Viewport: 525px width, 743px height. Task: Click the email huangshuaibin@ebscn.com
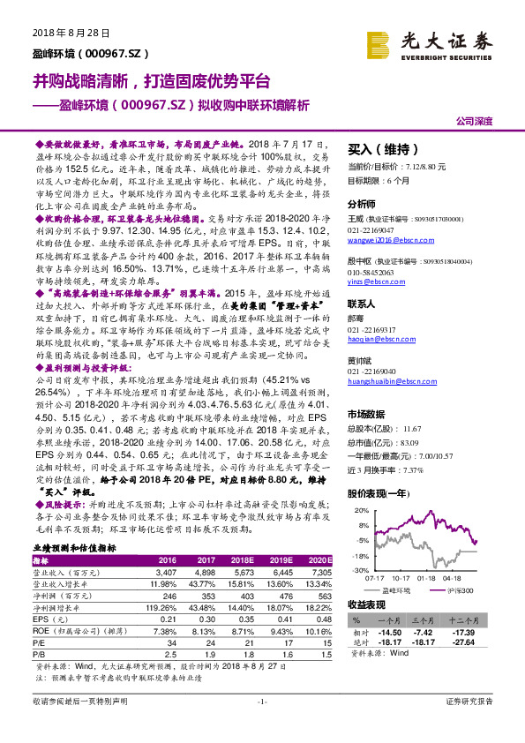pos(386,382)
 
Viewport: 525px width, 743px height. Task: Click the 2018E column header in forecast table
pos(243,560)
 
